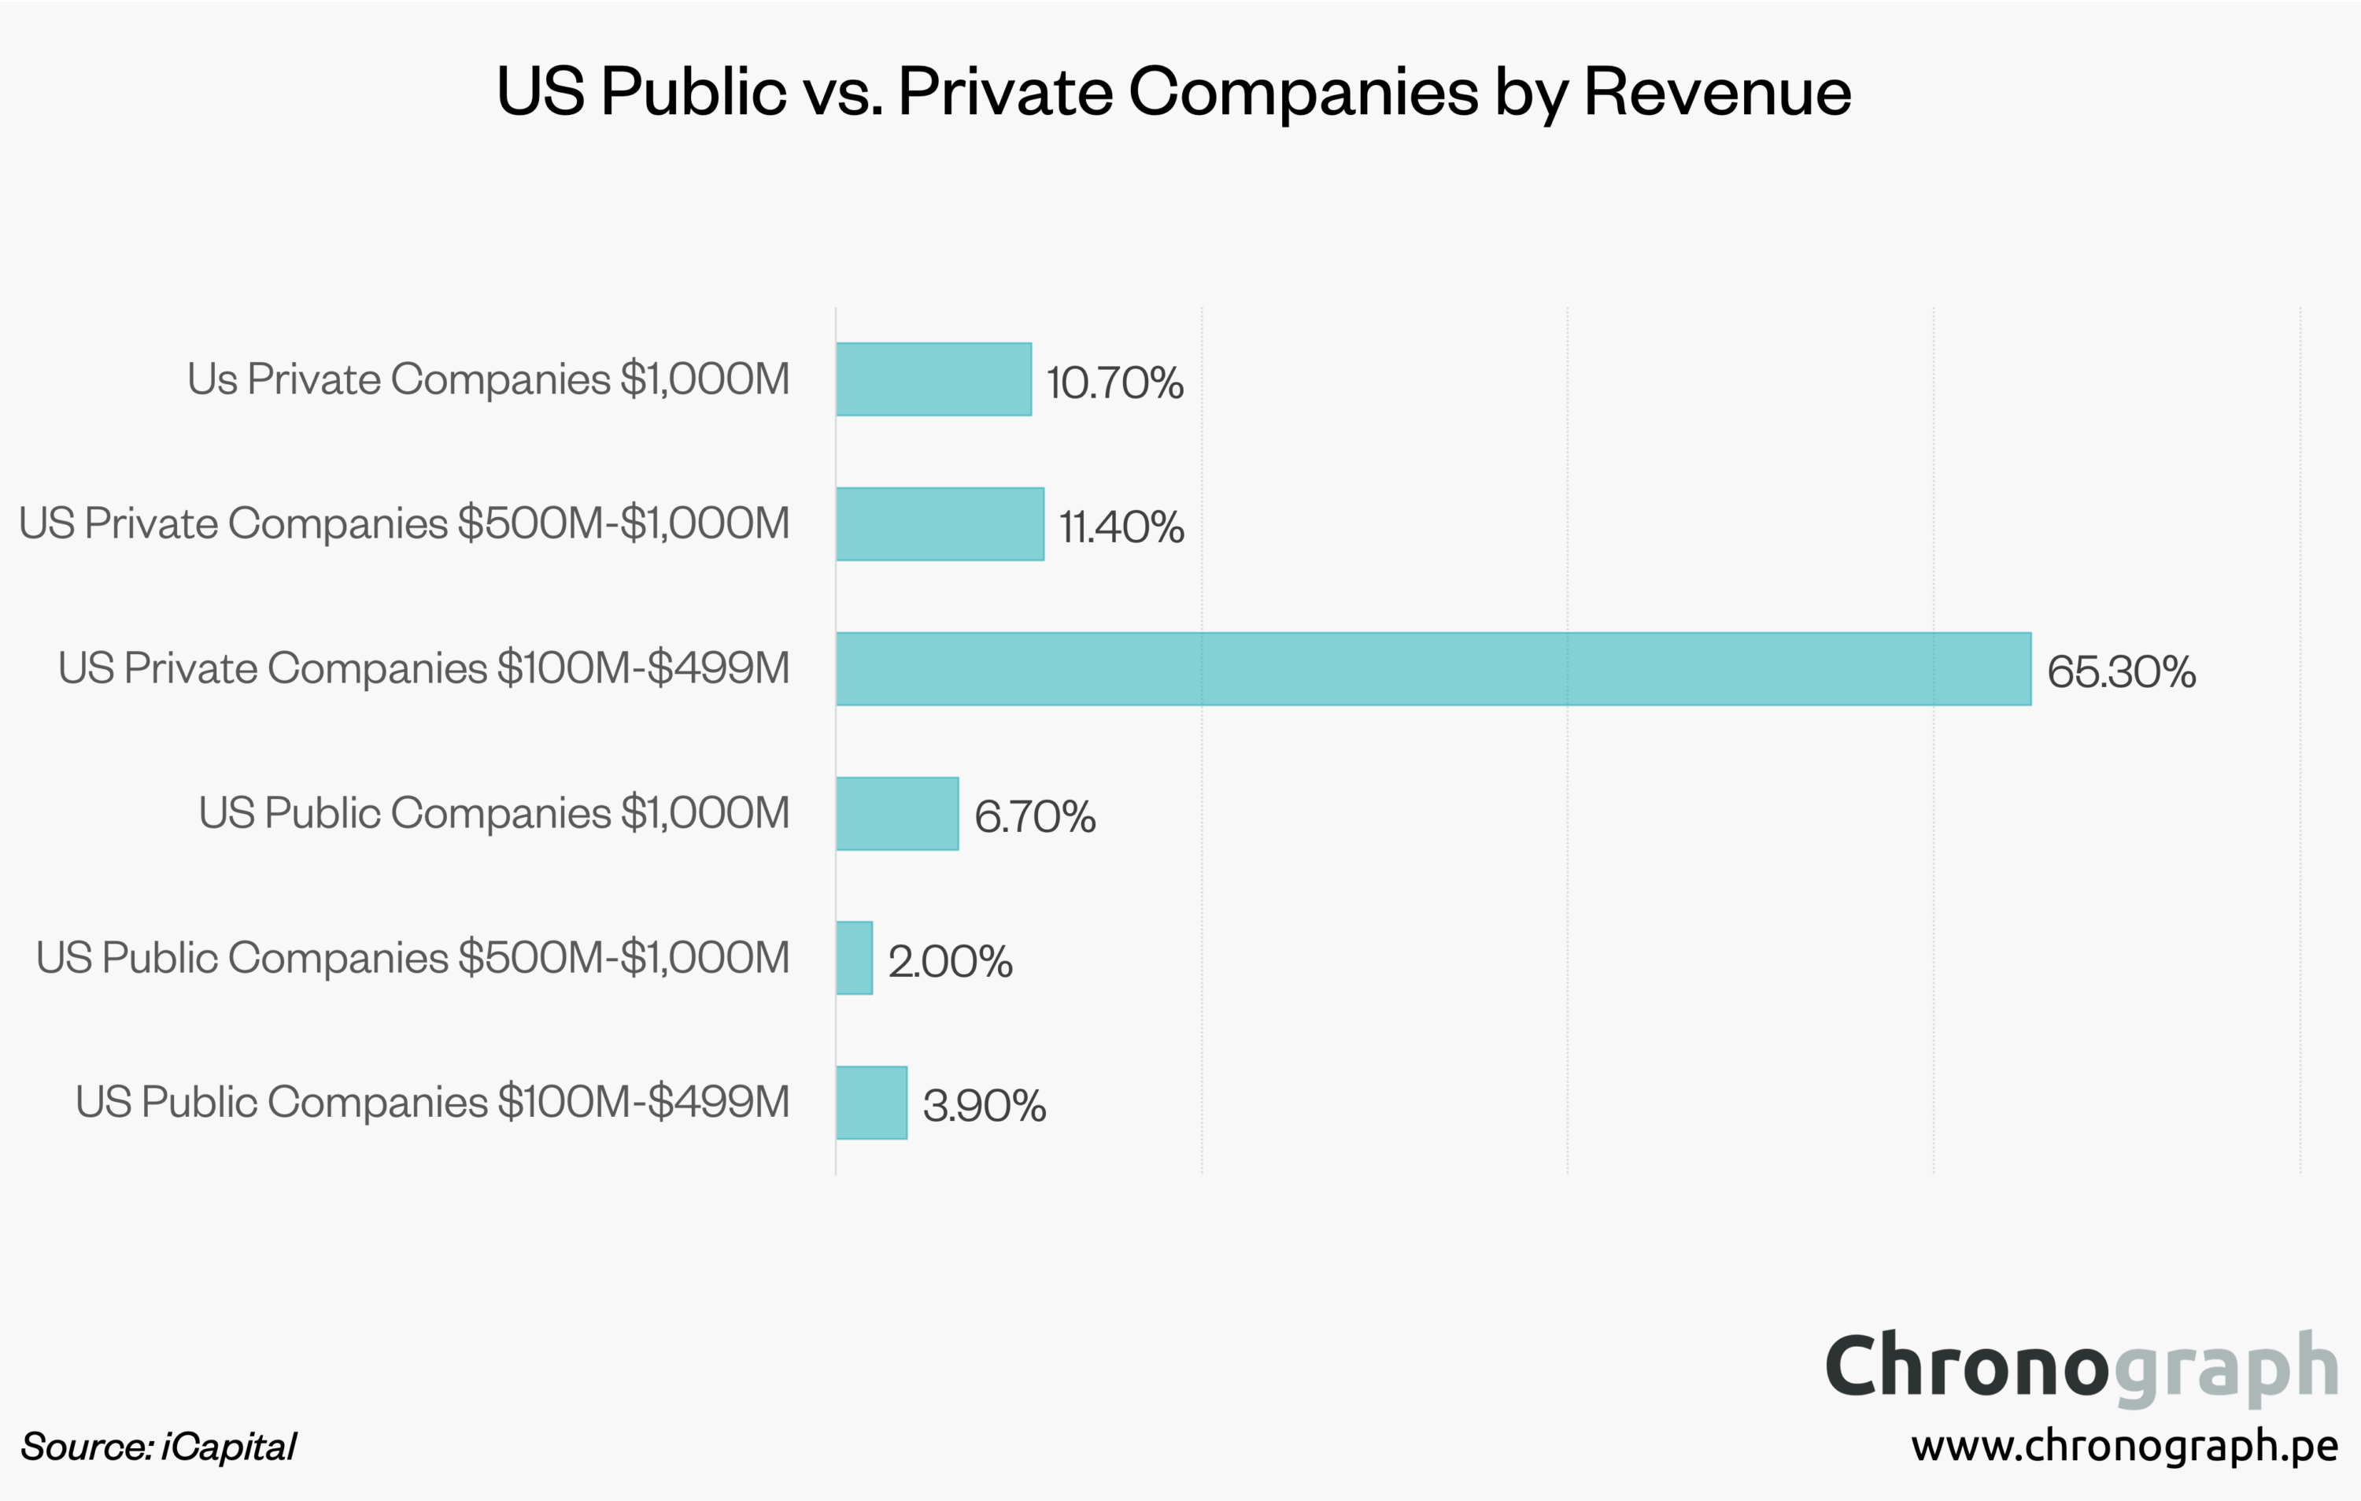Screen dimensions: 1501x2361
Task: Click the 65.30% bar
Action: click(x=1432, y=668)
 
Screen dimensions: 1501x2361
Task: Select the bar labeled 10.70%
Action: click(x=933, y=379)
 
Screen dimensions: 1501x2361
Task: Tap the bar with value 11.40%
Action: click(x=940, y=523)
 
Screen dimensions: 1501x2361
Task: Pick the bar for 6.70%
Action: click(x=897, y=814)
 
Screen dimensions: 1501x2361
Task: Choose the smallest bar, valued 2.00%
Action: click(x=854, y=958)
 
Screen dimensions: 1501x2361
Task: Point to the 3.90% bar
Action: click(x=872, y=1103)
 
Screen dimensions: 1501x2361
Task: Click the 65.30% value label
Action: click(x=2121, y=671)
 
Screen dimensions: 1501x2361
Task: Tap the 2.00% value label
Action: click(x=950, y=961)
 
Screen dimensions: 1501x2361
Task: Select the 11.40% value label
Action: click(x=1121, y=527)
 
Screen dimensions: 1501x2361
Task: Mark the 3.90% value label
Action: click(x=985, y=1106)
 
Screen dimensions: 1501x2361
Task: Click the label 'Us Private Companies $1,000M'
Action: click(x=488, y=379)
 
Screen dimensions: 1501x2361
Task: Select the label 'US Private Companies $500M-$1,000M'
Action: click(x=404, y=523)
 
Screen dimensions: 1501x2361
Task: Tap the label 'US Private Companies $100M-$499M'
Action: click(x=423, y=668)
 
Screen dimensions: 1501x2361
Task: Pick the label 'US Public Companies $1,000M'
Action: click(x=494, y=814)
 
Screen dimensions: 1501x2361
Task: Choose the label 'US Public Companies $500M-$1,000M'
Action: click(x=413, y=958)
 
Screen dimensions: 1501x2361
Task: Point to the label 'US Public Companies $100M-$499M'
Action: click(x=432, y=1103)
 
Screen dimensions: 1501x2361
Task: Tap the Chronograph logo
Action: click(x=2082, y=1366)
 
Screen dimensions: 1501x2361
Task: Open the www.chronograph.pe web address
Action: click(x=2124, y=1445)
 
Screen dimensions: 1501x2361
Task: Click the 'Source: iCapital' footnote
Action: click(x=158, y=1447)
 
